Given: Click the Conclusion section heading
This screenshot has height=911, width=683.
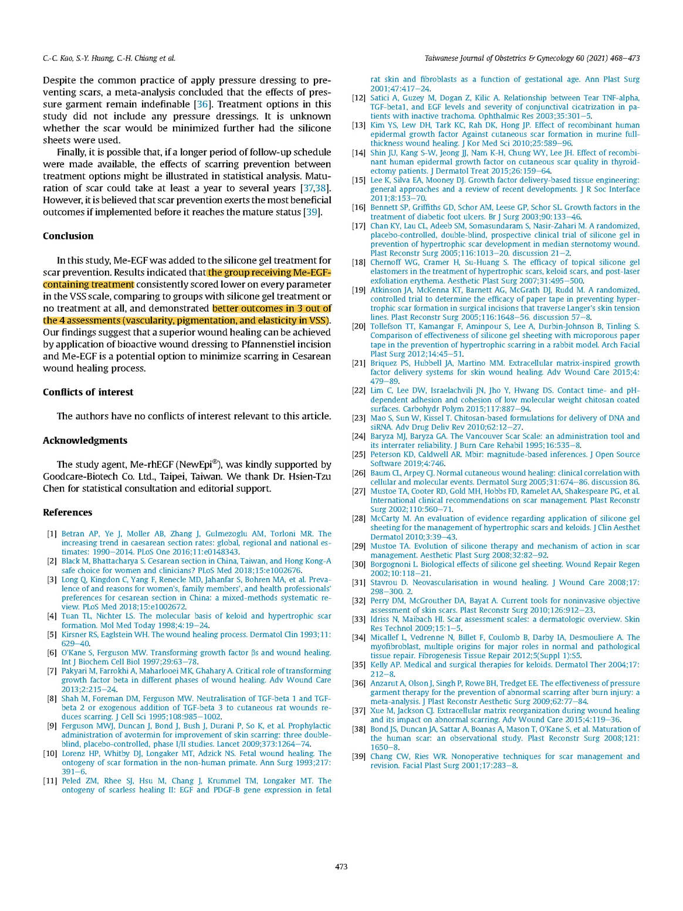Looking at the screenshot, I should (68, 236).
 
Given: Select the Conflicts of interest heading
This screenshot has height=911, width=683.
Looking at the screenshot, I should (88, 392).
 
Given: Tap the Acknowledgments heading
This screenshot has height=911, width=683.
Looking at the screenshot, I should (85, 440).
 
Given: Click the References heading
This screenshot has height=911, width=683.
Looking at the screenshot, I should (67, 512).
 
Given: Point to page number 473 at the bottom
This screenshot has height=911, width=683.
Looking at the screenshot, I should (341, 866).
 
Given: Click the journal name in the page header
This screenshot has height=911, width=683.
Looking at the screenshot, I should (532, 58).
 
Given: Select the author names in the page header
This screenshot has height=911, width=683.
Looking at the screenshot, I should (109, 58).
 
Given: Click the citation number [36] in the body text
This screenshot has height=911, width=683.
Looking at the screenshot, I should (202, 104).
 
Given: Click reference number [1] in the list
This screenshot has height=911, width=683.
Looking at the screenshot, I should (52, 534).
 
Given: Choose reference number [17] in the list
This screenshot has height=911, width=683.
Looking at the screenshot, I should (359, 226).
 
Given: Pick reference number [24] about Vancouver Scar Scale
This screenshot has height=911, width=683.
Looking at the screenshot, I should (359, 436).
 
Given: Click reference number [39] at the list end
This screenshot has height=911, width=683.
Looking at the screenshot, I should (359, 757).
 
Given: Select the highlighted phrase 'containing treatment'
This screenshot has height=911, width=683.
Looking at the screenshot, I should (89, 285).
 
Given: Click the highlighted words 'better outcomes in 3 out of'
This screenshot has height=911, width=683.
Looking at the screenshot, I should (272, 309).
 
